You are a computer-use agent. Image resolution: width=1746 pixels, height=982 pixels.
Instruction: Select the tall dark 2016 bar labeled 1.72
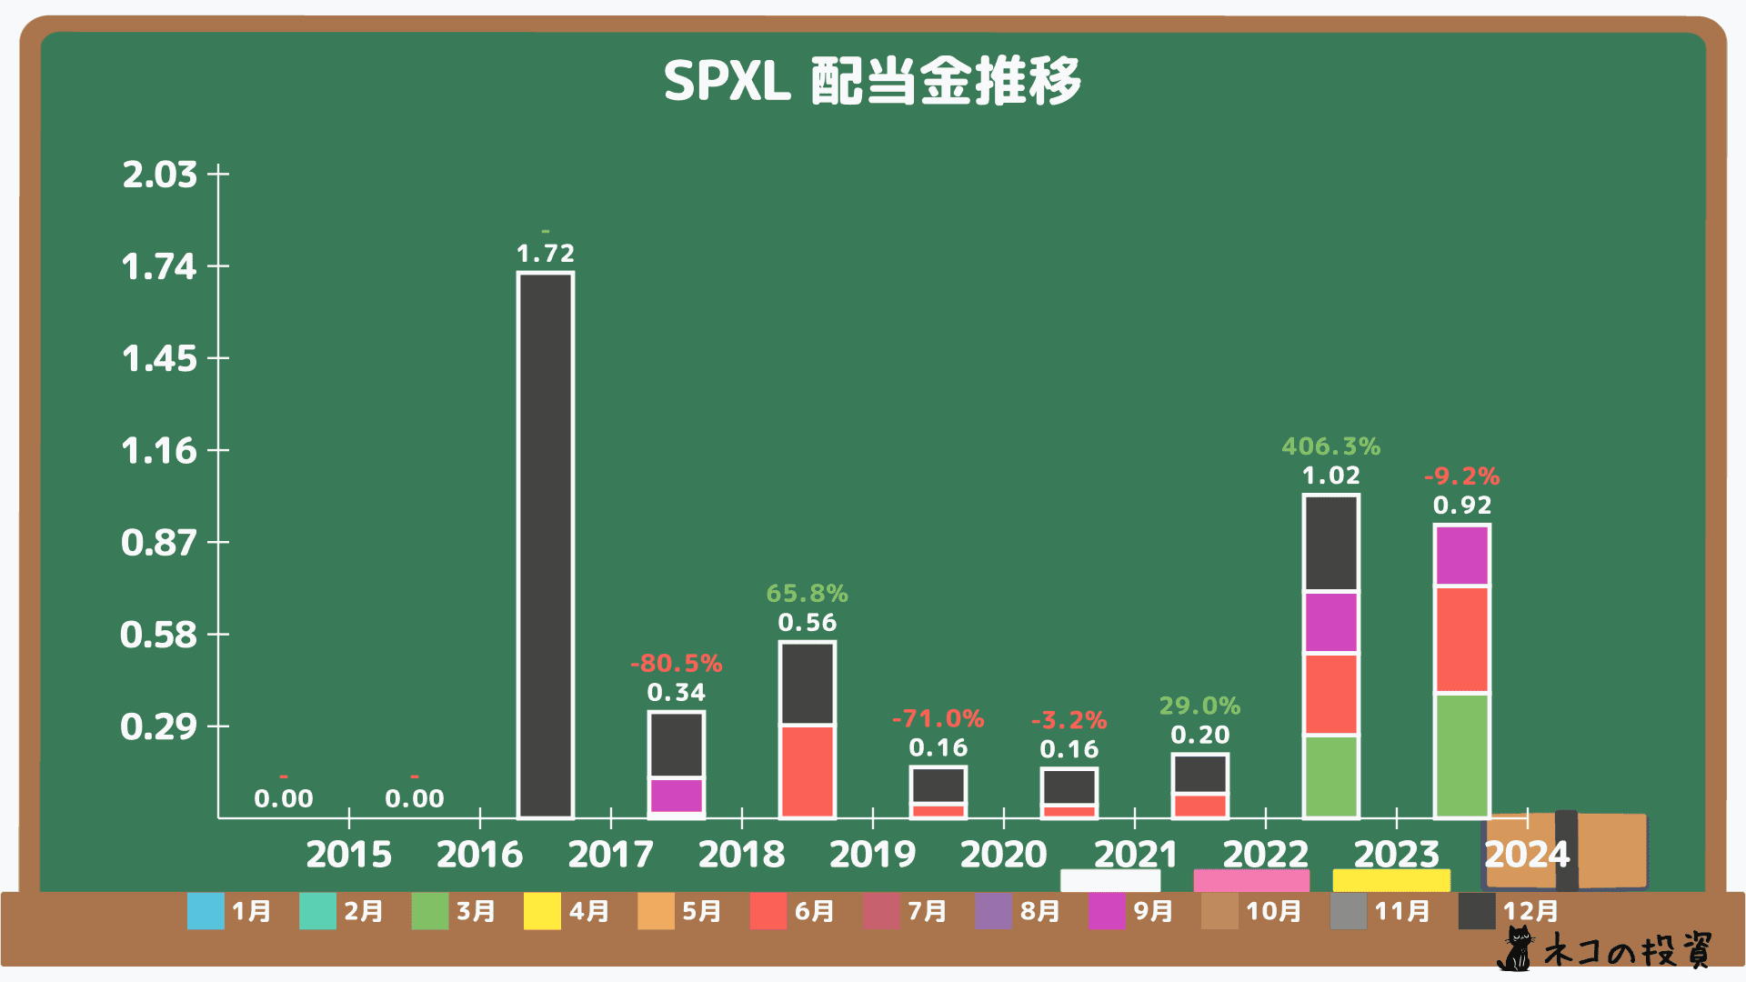coord(546,546)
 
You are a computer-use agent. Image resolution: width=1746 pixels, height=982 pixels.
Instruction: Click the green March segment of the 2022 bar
coord(1330,777)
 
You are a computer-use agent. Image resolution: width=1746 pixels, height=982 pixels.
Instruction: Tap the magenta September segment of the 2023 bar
coord(1461,556)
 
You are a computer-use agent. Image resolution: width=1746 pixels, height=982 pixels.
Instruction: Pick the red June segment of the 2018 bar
coord(807,771)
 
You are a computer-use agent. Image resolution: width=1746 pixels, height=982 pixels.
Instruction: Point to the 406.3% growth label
coord(1330,446)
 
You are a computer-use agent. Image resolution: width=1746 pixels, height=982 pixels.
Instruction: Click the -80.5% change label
coord(676,663)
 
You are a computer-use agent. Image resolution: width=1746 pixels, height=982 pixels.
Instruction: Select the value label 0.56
coord(807,623)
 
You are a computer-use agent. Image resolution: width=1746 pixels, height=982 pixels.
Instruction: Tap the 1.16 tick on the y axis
coord(159,451)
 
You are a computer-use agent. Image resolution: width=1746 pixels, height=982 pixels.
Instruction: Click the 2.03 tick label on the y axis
coord(159,174)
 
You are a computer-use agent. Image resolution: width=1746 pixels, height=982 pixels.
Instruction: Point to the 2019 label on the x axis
coord(872,854)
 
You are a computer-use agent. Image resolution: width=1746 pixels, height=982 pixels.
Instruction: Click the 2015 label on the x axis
coord(348,854)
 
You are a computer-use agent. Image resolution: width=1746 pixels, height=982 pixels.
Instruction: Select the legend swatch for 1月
coord(206,911)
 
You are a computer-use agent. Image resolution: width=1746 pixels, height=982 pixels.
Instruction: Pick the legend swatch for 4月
coord(542,911)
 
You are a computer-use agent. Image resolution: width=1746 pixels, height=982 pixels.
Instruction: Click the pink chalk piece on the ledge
coord(1251,880)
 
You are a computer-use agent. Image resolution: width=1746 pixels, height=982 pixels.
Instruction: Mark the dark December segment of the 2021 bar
coord(1199,774)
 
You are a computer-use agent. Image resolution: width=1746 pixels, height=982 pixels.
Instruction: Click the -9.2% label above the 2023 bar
coord(1461,476)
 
